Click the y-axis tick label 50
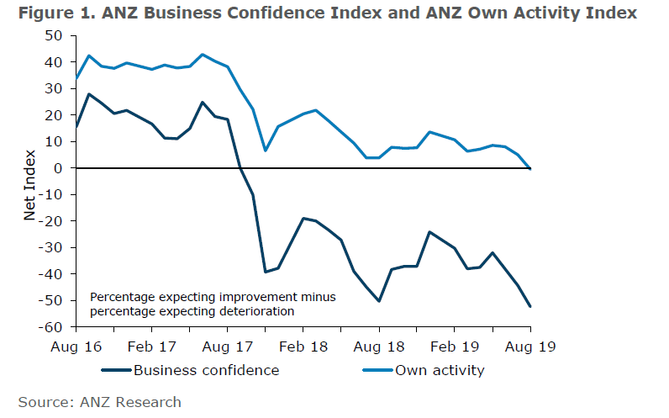click(x=55, y=35)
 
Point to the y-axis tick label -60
click(x=52, y=327)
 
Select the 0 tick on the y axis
click(x=58, y=168)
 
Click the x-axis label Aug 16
click(x=76, y=346)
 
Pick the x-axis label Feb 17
click(x=152, y=346)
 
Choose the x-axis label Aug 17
click(x=228, y=346)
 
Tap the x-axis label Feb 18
click(x=303, y=346)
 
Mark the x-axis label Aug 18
click(x=379, y=346)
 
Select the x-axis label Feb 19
click(x=455, y=346)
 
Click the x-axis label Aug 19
click(x=530, y=346)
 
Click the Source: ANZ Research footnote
click(x=100, y=402)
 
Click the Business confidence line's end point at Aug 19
click(x=530, y=306)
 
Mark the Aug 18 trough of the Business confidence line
click(x=379, y=301)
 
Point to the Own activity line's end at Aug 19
click(x=530, y=169)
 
